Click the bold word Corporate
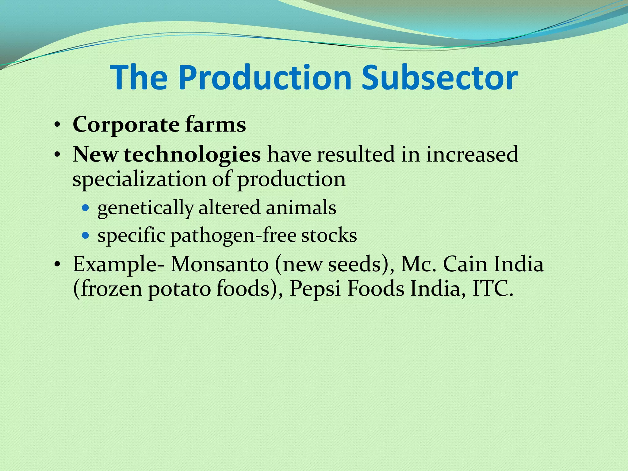pyautogui.click(x=126, y=125)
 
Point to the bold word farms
pyautogui.click(x=215, y=125)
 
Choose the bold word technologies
pyautogui.click(x=192, y=154)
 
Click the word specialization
pyautogui.click(x=139, y=179)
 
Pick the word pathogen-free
pyautogui.click(x=233, y=236)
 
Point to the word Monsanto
pyautogui.click(x=220, y=264)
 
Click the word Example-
pyautogui.click(x=118, y=265)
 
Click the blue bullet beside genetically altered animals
pyautogui.click(x=86, y=208)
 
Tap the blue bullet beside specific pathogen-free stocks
pyautogui.click(x=86, y=235)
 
